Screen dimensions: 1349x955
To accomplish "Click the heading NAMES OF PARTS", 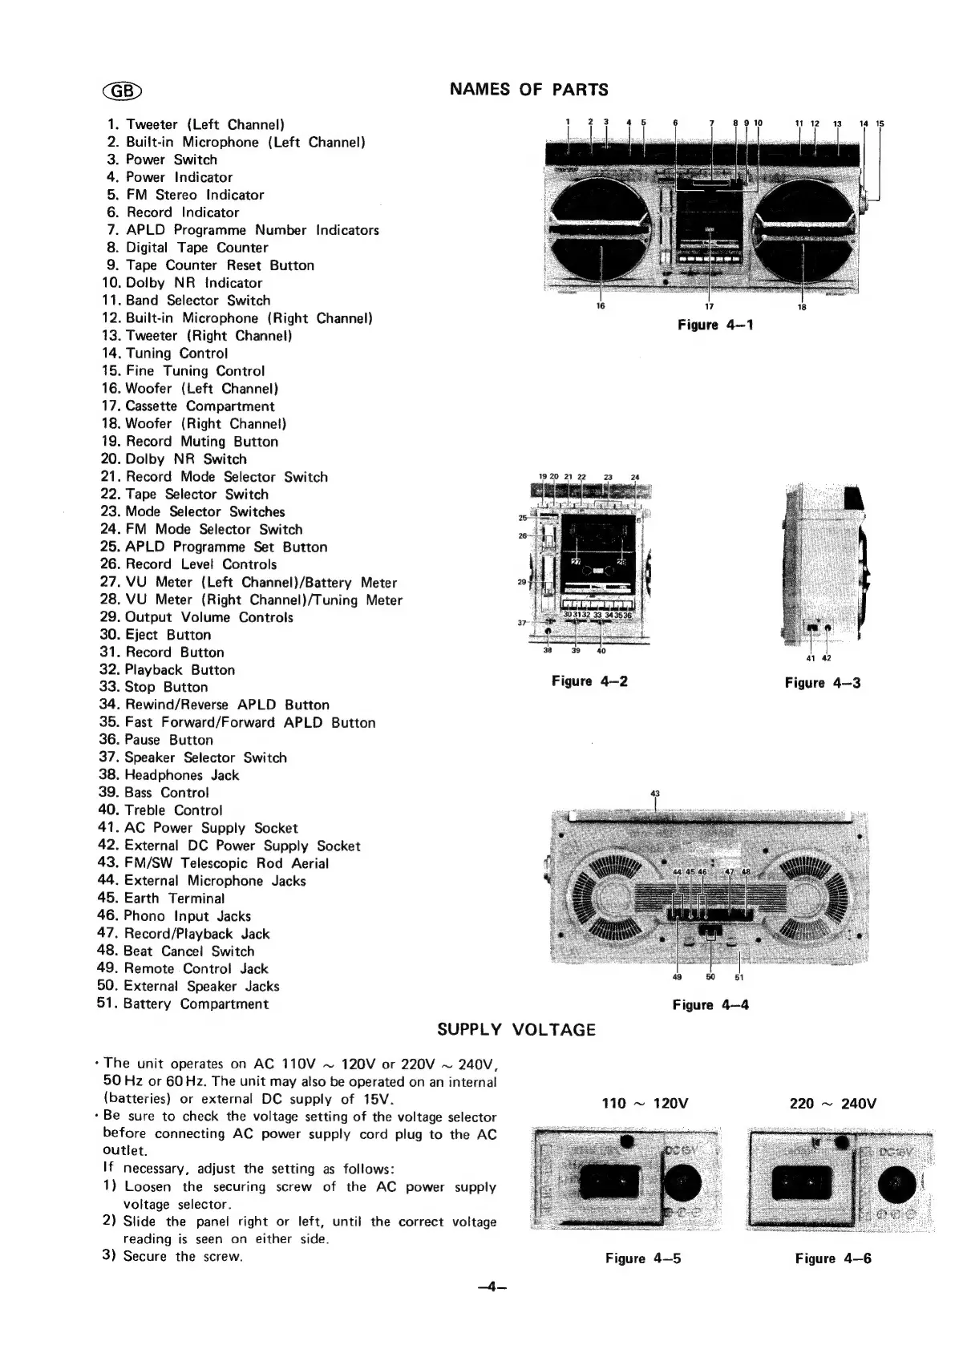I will point(528,90).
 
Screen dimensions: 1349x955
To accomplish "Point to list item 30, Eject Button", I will point(155,635).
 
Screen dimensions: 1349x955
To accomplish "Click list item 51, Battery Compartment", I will point(182,1004).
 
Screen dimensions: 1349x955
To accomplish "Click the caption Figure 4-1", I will point(715,325).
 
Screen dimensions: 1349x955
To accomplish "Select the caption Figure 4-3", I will point(822,683).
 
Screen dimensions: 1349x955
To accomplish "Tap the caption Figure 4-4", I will point(710,1005).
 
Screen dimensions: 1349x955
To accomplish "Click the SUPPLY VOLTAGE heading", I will point(516,1030).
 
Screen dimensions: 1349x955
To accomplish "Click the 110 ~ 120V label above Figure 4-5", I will point(645,1104).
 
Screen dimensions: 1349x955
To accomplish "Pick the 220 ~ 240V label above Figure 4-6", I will point(833,1104).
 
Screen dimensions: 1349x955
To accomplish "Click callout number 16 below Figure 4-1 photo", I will point(601,307).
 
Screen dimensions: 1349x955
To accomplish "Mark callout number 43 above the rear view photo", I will point(655,794).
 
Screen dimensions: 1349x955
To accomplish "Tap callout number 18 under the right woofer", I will point(802,308).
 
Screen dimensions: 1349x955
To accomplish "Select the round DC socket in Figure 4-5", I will point(683,1181).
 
